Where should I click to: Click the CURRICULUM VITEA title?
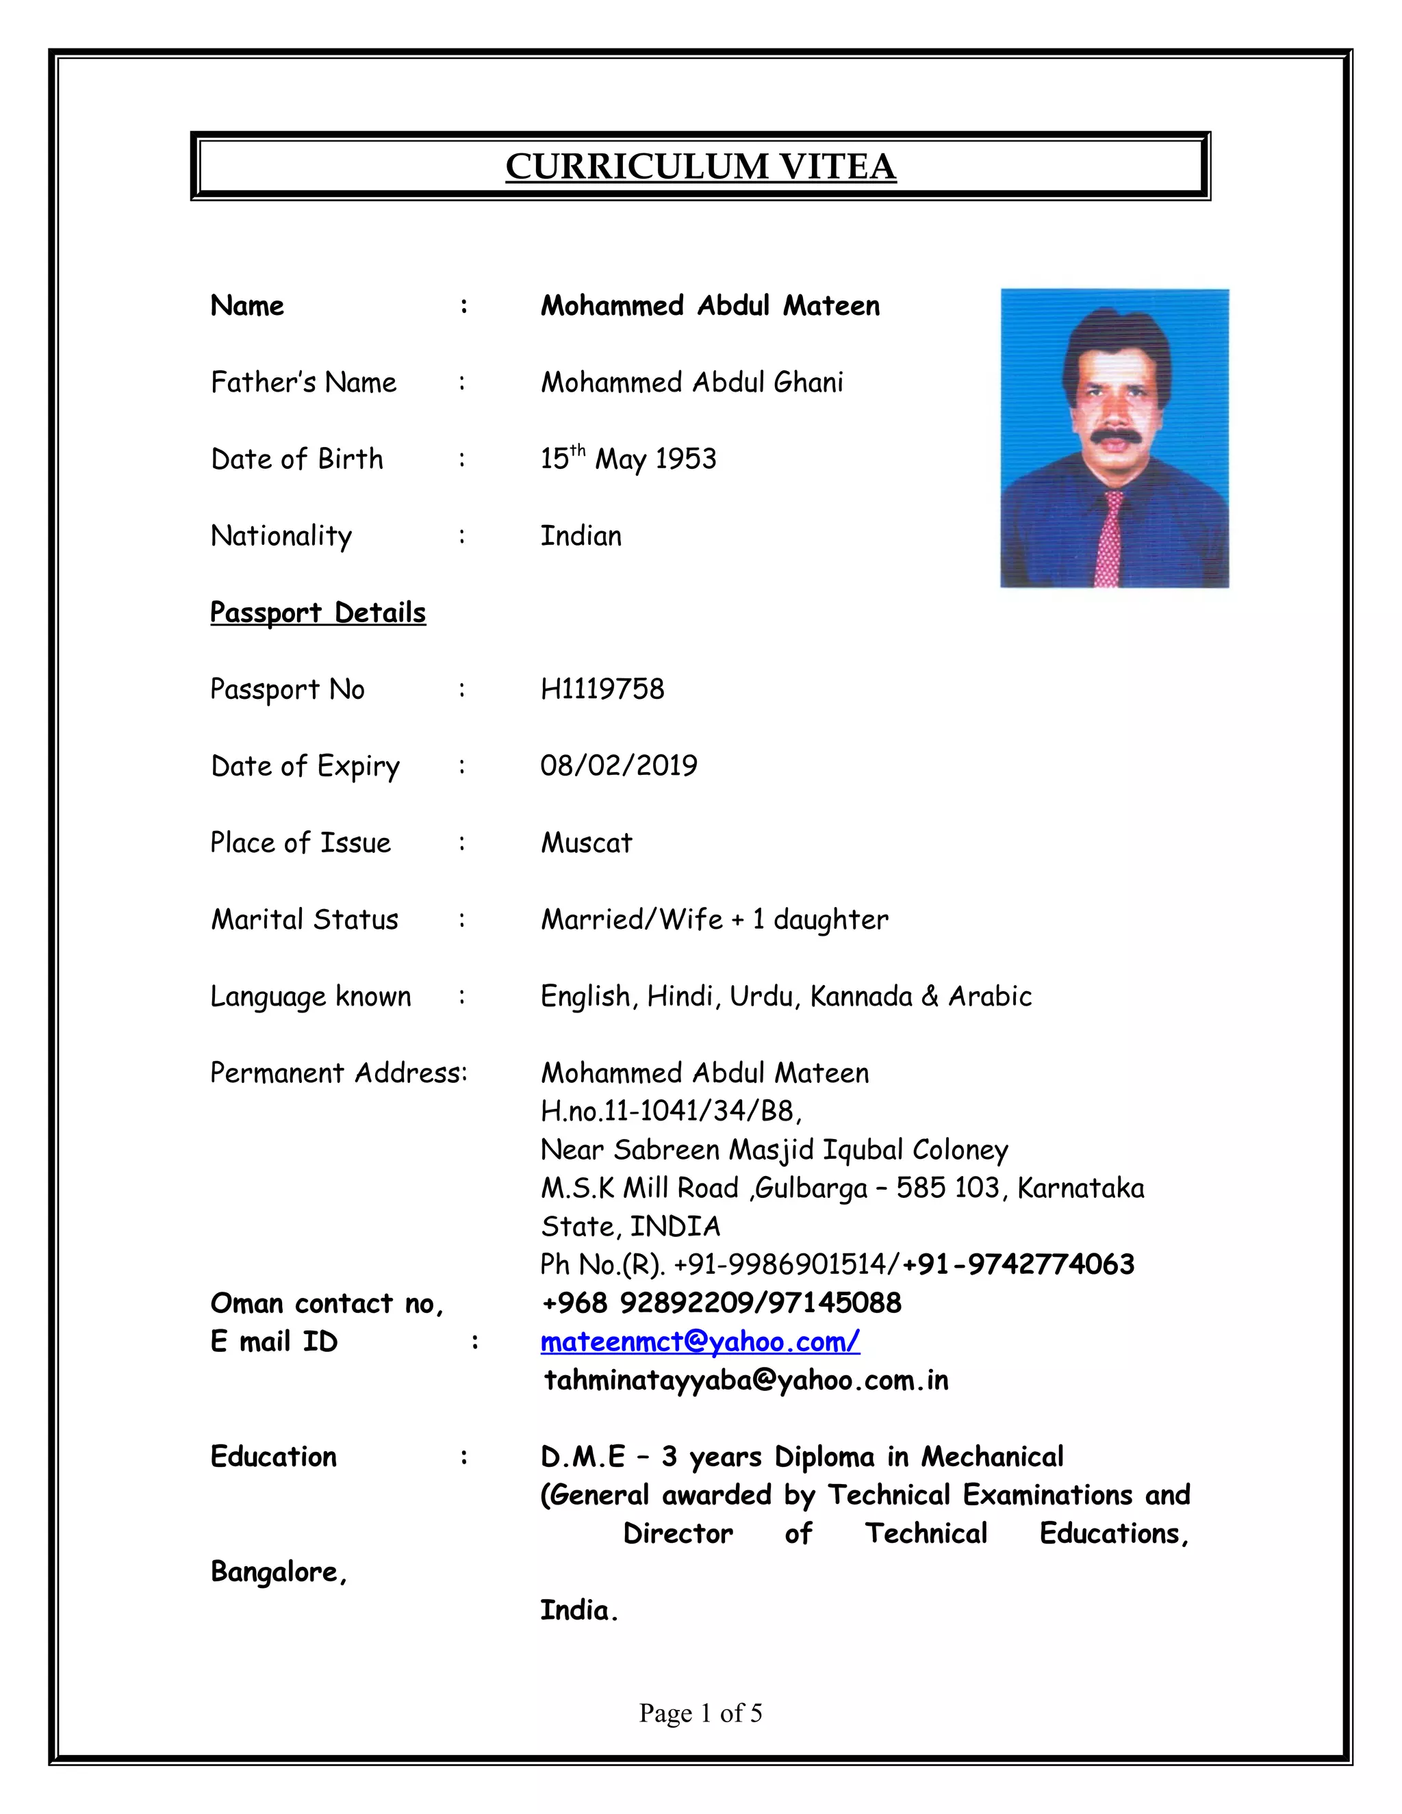click(700, 166)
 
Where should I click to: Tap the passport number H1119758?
click(602, 689)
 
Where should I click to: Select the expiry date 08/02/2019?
click(619, 766)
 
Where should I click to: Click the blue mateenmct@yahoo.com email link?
click(700, 1342)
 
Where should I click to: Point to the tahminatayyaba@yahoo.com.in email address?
click(746, 1381)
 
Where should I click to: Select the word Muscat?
click(587, 843)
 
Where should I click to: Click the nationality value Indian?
click(581, 536)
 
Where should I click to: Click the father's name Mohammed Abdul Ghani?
click(692, 382)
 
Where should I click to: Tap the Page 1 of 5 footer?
click(700, 1713)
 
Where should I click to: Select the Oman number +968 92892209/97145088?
click(721, 1303)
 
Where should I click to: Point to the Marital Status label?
click(304, 919)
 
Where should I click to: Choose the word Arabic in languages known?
click(990, 996)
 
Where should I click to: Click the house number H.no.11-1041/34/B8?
click(671, 1110)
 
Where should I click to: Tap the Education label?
click(273, 1457)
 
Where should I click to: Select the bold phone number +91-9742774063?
click(1018, 1264)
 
